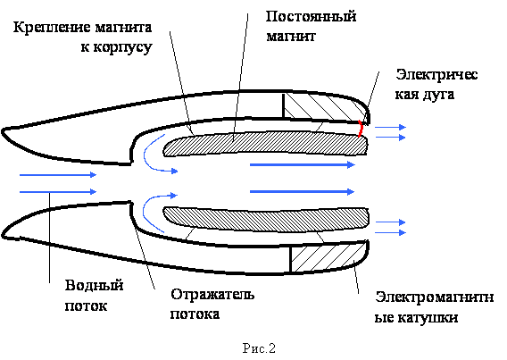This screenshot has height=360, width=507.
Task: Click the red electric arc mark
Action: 361,129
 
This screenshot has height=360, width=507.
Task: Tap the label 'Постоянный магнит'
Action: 311,26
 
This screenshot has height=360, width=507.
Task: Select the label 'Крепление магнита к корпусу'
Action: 83,37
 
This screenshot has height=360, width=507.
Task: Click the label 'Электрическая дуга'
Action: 436,84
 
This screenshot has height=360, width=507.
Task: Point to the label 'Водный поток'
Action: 94,296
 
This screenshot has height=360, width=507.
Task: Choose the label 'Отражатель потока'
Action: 212,304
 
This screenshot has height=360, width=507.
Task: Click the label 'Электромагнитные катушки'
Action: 434,307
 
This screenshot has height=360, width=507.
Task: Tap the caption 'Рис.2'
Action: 259,348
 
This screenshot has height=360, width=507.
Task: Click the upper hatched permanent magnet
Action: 265,143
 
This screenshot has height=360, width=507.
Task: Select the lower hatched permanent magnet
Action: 266,220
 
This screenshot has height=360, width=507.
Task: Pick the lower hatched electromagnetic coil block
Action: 328,257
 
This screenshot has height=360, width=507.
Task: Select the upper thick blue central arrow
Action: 303,165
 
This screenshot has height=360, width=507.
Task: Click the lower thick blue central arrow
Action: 303,192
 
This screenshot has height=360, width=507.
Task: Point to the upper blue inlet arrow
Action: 58,175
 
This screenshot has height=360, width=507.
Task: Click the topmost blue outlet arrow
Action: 390,127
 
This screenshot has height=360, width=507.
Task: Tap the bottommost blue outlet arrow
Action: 390,232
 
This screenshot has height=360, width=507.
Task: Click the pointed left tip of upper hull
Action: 3,131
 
